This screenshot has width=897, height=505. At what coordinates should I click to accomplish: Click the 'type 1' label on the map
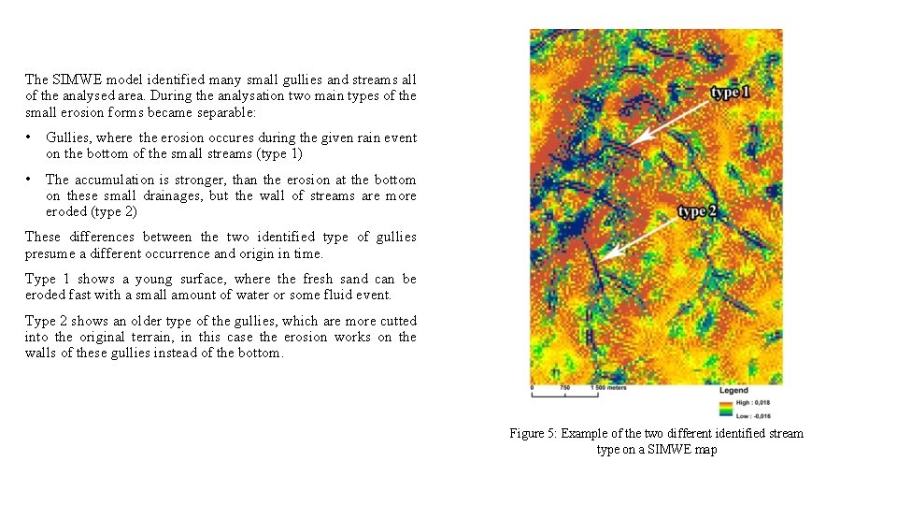click(730, 92)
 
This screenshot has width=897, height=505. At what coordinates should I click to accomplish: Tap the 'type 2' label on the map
click(697, 211)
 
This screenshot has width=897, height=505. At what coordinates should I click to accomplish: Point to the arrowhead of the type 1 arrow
click(633, 141)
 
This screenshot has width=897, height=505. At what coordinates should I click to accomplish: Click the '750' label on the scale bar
click(564, 386)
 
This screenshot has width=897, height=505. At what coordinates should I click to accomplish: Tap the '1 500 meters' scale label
click(608, 386)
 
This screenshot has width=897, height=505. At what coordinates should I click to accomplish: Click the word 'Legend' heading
click(733, 390)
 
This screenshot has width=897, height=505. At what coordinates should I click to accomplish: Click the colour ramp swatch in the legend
click(726, 408)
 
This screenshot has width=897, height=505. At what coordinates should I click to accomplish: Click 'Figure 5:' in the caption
click(534, 433)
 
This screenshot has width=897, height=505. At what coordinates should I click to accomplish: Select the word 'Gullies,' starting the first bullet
click(68, 137)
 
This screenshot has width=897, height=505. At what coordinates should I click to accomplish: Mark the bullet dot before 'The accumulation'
click(31, 179)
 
